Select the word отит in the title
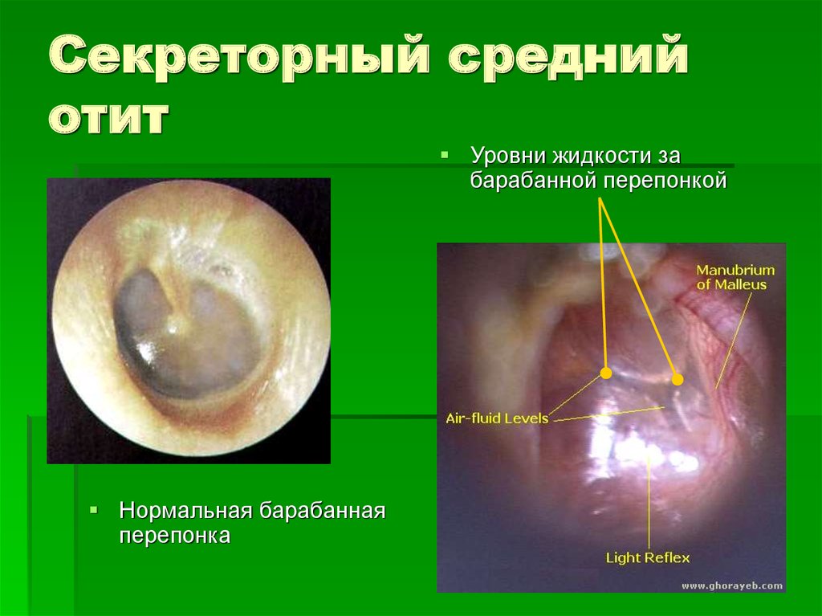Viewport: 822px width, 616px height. [109, 117]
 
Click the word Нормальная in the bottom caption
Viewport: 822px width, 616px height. [186, 511]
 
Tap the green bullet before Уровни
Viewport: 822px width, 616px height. [445, 155]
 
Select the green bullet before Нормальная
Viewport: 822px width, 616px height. [93, 509]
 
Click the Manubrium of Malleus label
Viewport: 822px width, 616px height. [735, 277]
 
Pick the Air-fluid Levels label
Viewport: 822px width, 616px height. [496, 418]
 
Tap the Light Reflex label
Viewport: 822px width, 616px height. [648, 557]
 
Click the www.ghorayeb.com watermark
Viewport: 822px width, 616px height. [732, 585]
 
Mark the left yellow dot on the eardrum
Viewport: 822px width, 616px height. [606, 373]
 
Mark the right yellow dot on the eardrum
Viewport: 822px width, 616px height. [678, 379]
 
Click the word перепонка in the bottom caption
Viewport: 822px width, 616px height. [174, 536]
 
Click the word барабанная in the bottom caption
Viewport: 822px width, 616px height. [323, 511]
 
